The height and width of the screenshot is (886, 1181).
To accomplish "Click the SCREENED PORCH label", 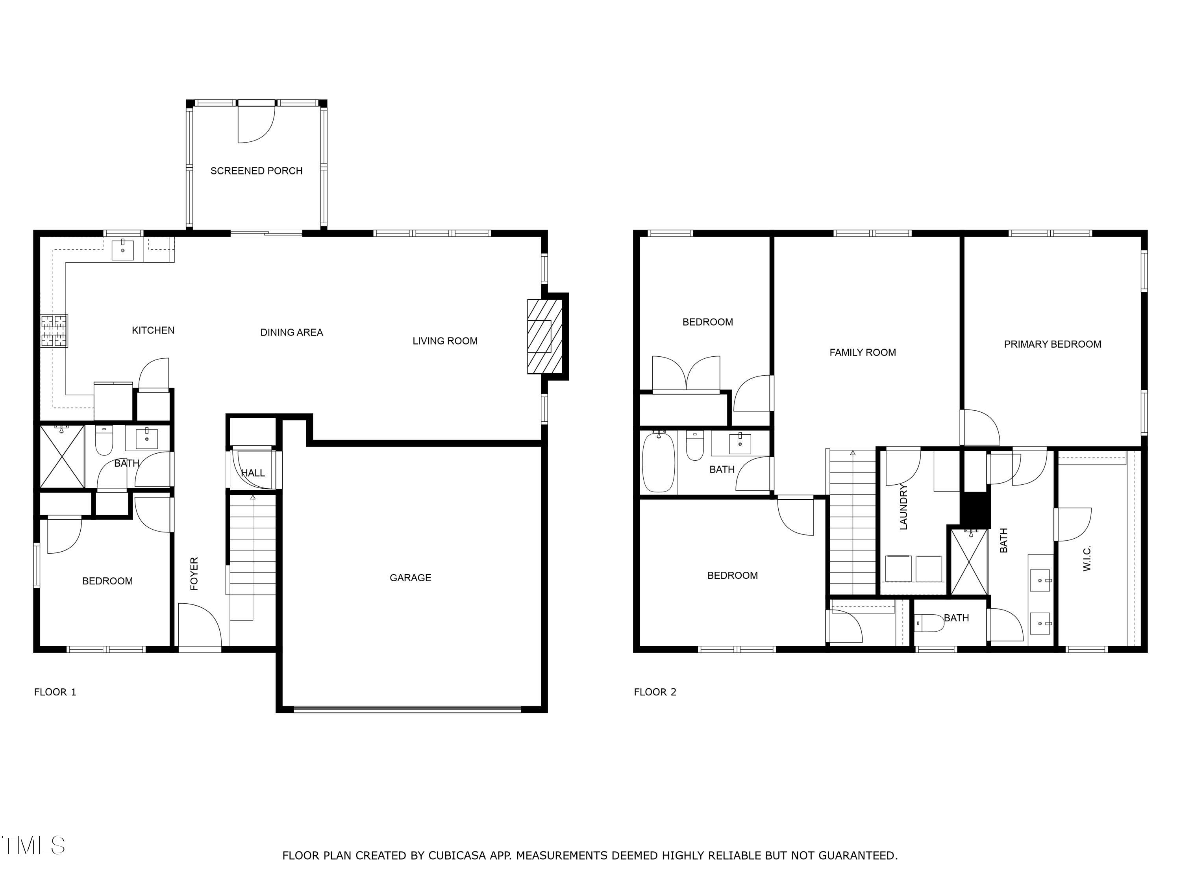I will click(256, 171).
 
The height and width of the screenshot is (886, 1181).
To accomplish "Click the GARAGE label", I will click(410, 577).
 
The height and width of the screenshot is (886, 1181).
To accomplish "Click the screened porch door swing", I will click(255, 124).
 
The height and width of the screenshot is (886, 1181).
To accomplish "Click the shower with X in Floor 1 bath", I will click(62, 457).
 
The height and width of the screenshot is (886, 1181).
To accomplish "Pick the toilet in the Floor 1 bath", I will click(104, 441).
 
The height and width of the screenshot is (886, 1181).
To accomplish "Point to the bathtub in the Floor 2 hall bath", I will click(658, 462).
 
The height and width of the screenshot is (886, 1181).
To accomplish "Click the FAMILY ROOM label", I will click(862, 352).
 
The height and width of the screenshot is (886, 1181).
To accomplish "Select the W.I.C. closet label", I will click(1087, 558).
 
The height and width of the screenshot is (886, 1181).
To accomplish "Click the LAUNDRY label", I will click(903, 507).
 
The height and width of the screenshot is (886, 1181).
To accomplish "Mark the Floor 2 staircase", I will click(853, 523).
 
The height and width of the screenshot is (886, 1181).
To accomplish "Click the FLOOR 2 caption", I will click(655, 692).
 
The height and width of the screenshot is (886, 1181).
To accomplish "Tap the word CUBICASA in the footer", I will click(457, 856).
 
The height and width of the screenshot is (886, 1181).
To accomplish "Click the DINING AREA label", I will click(292, 333).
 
